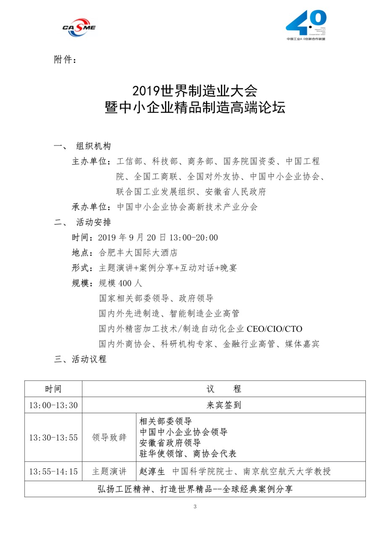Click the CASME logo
pos(79,27)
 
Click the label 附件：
pos(66,60)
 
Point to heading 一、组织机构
pos(82,146)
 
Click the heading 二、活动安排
pos(82,222)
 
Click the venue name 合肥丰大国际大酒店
pos(138,253)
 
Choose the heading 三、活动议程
pos(80,359)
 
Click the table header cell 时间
pos(53,389)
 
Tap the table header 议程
pos(224,389)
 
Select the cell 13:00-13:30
pos(53,405)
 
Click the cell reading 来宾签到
pos(224,405)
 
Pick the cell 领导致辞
pos(109,438)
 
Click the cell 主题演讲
pos(109,471)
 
